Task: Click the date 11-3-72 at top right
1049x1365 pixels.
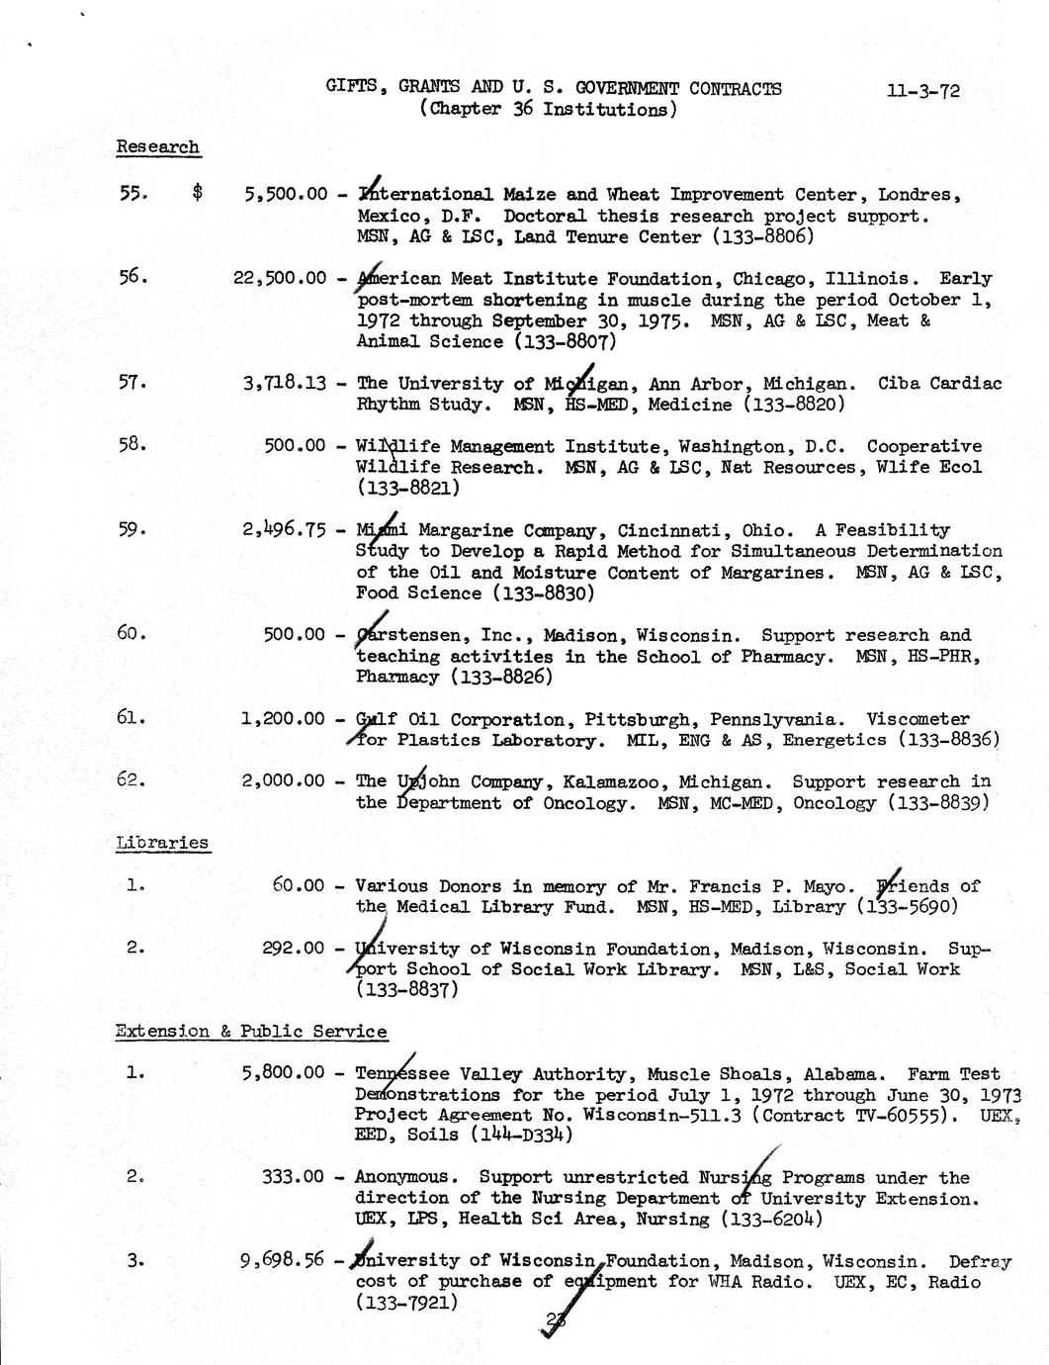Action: (x=922, y=91)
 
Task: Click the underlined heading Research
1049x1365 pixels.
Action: (x=157, y=146)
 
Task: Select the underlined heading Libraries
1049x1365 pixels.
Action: (x=162, y=843)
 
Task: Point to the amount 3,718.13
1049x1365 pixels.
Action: (x=285, y=383)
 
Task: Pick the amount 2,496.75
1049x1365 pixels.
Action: (x=285, y=529)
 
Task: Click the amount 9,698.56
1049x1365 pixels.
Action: (x=283, y=1260)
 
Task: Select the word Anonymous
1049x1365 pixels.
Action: (x=406, y=1177)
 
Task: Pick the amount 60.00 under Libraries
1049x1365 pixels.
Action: (x=299, y=886)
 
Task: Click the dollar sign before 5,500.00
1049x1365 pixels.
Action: (x=198, y=194)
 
